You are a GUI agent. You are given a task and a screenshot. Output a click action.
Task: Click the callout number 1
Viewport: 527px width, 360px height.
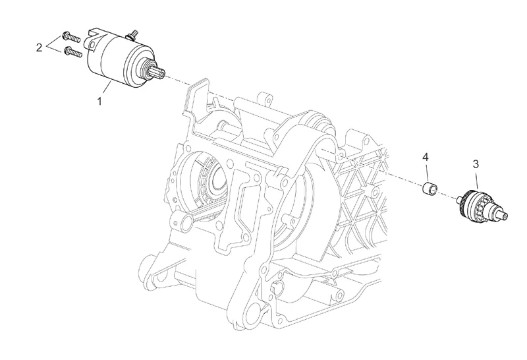click(100, 102)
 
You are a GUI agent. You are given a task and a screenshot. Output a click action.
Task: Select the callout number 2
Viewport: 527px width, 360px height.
click(40, 47)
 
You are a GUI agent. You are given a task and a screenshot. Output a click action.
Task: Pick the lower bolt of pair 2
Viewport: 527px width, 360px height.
click(72, 51)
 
